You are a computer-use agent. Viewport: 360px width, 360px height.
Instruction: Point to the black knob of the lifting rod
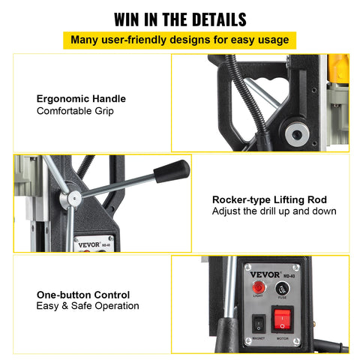172,170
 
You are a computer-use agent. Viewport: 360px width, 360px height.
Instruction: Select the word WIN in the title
130,19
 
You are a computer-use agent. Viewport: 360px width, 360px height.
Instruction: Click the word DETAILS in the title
215,19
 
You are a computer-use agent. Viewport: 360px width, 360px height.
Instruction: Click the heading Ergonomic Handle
81,98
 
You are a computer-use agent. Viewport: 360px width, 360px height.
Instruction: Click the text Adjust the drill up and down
274,211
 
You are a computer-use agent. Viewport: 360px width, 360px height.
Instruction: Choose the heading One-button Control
82,295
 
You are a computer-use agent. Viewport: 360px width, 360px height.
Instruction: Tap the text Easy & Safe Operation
87,306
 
